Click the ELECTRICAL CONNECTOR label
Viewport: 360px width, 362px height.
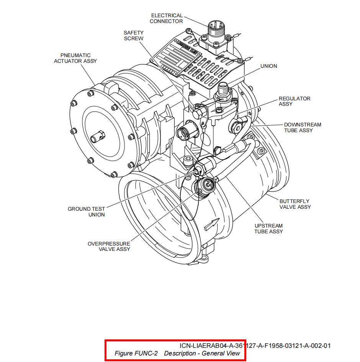[x=167, y=18]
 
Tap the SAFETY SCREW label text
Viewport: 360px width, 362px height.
[x=134, y=36]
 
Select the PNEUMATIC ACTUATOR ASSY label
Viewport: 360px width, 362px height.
[x=75, y=58]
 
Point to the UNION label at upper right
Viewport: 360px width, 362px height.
[x=268, y=66]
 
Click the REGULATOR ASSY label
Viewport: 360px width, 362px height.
[x=294, y=101]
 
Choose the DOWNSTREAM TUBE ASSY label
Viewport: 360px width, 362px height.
[x=303, y=128]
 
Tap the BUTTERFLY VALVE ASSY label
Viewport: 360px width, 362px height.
[x=295, y=204]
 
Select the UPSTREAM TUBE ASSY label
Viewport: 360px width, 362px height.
[x=268, y=229]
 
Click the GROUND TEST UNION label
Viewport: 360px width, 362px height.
[x=86, y=212]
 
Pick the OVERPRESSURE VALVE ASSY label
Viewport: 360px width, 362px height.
[x=109, y=246]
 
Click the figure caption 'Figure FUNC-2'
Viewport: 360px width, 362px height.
[x=136, y=353]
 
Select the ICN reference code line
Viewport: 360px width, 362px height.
[x=255, y=346]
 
